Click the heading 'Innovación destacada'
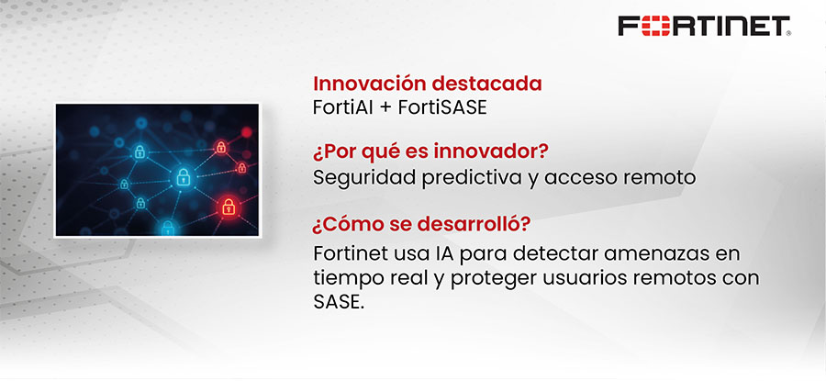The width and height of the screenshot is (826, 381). [428, 84]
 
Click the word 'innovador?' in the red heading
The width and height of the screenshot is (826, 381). [486, 152]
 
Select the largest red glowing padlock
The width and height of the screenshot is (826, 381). [226, 207]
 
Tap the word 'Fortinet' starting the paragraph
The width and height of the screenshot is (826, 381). [347, 252]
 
